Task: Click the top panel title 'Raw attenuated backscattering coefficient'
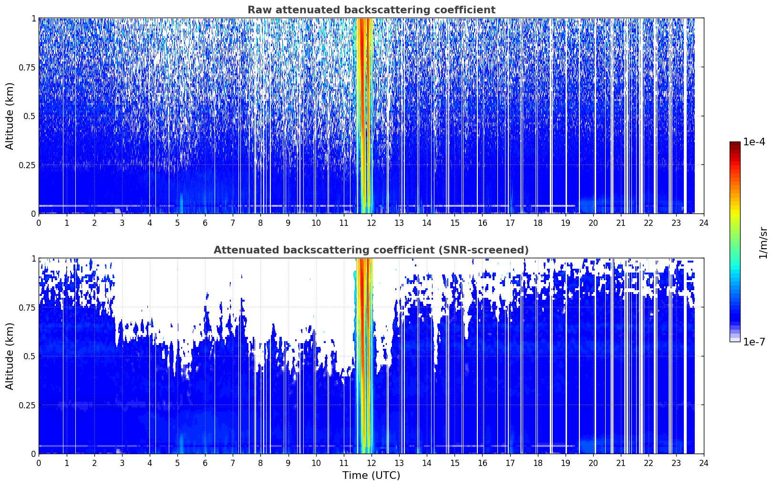(x=371, y=10)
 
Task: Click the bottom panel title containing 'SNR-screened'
(x=371, y=250)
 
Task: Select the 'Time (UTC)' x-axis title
(x=371, y=476)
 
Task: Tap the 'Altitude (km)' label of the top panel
(x=10, y=116)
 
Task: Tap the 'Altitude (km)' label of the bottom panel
(x=10, y=356)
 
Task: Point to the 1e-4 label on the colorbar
(x=754, y=142)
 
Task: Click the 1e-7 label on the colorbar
(x=754, y=342)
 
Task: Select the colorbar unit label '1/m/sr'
(x=763, y=243)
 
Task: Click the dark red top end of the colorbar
(x=735, y=144)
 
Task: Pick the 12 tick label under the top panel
(x=371, y=223)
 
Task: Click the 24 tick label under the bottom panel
(x=704, y=463)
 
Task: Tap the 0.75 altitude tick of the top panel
(x=27, y=68)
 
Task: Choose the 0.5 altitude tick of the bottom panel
(x=30, y=356)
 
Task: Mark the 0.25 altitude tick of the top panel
(x=27, y=165)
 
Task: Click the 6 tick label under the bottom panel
(x=205, y=463)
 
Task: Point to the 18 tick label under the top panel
(x=537, y=223)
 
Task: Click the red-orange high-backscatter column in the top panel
(x=364, y=116)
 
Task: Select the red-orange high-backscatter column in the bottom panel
(x=364, y=356)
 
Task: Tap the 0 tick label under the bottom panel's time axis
(x=39, y=463)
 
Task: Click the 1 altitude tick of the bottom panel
(x=33, y=259)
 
